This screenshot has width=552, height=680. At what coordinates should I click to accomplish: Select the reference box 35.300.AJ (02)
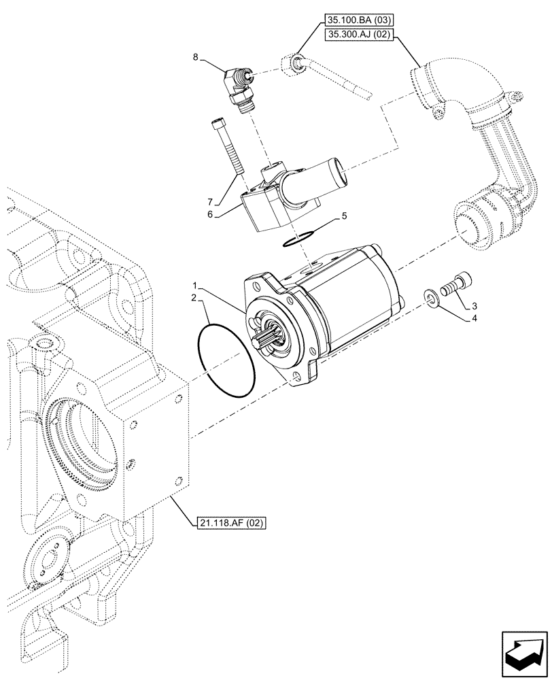point(358,37)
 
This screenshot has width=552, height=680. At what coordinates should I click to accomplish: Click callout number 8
point(196,58)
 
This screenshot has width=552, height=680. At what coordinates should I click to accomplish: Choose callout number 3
point(475,307)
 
